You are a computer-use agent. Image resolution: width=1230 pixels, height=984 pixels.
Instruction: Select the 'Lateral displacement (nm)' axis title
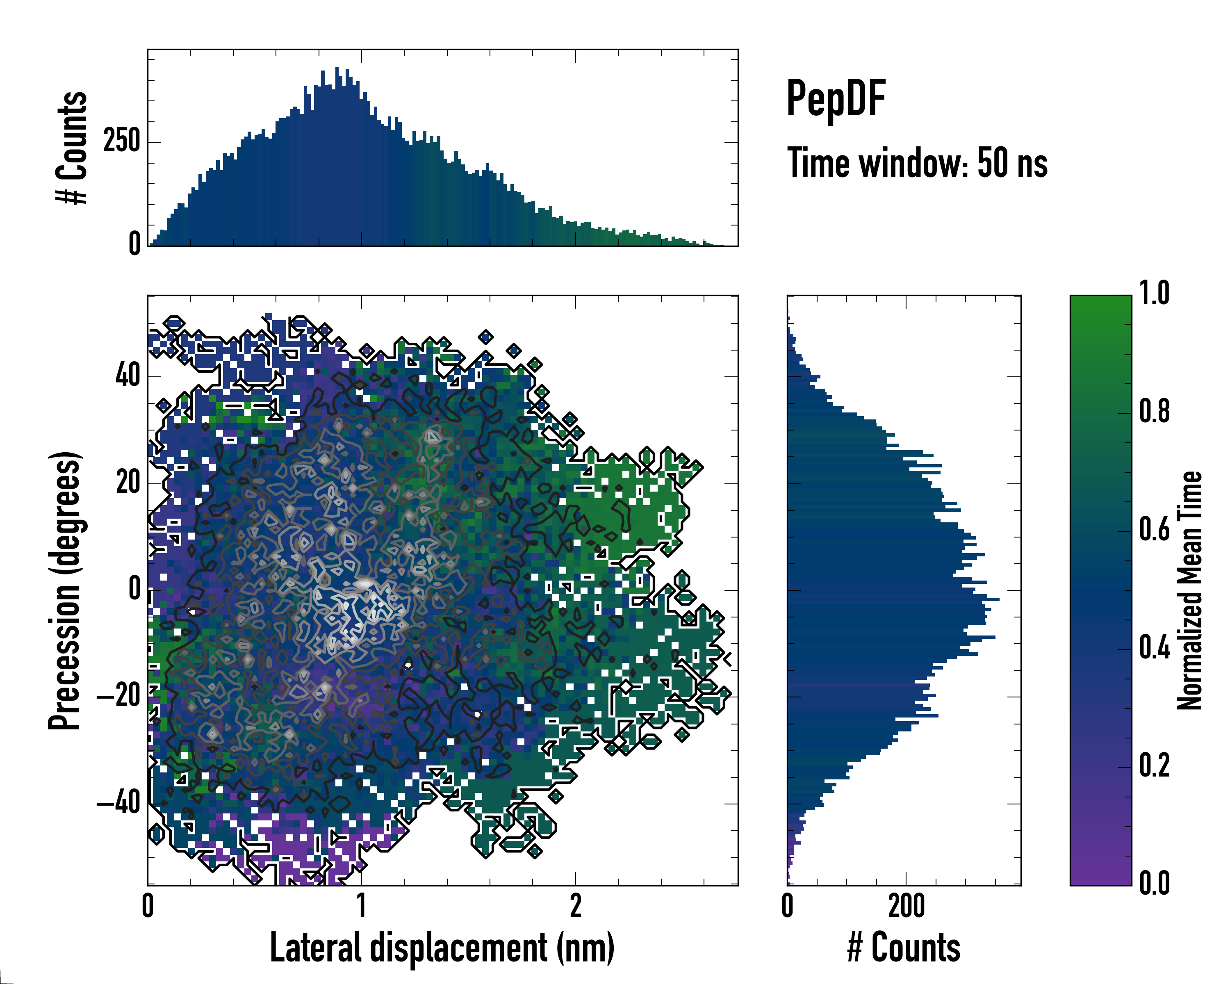(x=442, y=948)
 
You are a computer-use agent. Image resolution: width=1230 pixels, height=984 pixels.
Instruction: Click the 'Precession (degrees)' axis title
(x=64, y=590)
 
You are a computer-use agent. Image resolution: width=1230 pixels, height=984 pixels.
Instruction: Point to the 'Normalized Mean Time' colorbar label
(x=1189, y=590)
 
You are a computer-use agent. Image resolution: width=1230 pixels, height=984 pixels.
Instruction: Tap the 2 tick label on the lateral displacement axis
(x=576, y=906)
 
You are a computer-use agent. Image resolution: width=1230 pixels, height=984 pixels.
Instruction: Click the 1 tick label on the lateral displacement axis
(x=362, y=906)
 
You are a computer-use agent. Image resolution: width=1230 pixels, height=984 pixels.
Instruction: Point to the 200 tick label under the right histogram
(x=907, y=906)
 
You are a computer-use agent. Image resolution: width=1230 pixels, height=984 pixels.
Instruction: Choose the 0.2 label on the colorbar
(x=1155, y=765)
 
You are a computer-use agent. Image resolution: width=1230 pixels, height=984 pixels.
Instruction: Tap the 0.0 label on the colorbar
(x=1155, y=883)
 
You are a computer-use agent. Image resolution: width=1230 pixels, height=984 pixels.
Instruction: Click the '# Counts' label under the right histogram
(x=904, y=948)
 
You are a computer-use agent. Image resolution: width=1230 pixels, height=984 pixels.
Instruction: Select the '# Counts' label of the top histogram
(x=72, y=147)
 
